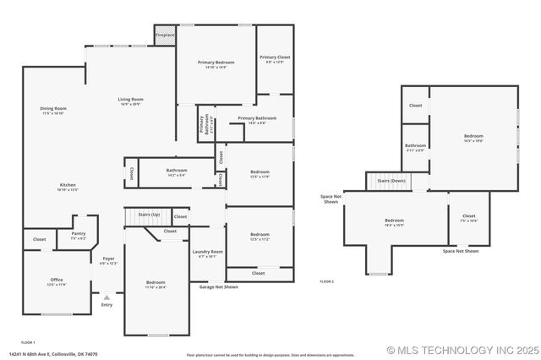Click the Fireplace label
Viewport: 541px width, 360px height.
165,35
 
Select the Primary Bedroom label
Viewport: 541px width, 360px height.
216,63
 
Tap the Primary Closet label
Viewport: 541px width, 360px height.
275,57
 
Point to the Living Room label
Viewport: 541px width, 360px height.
130,100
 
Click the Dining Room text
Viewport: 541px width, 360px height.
53,108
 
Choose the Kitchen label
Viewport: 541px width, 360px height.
68,185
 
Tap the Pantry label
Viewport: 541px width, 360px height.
79,233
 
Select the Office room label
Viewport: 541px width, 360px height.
57,280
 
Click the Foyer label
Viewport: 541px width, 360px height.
108,259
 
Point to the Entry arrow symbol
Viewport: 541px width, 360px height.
107,297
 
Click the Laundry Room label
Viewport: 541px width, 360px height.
207,252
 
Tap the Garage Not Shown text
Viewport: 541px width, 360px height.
218,286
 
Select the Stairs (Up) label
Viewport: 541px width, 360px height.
150,215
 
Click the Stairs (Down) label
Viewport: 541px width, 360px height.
391,181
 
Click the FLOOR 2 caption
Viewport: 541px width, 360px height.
326,281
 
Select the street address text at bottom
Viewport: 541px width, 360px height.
54,354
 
